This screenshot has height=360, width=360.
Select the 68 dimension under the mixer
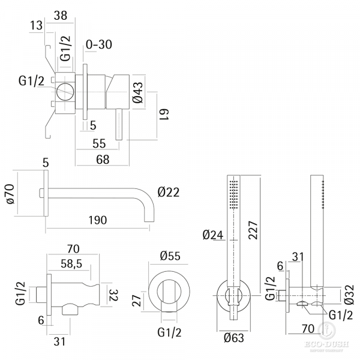(103, 160)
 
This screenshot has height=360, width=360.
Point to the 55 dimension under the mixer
(99, 143)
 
